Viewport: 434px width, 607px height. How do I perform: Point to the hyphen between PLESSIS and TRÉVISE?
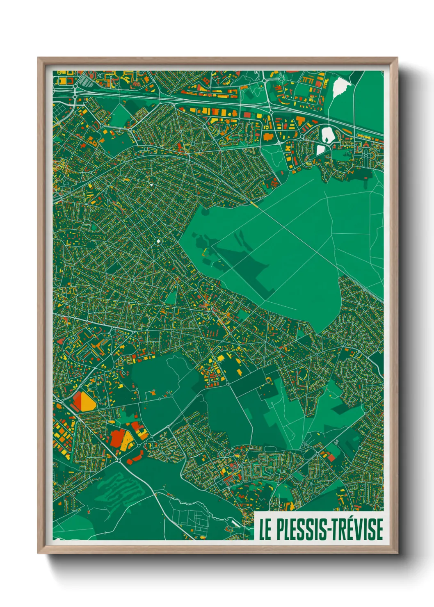click(x=329, y=530)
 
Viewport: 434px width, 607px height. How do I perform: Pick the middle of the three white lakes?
click(x=327, y=134)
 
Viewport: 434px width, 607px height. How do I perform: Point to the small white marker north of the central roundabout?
click(x=151, y=185)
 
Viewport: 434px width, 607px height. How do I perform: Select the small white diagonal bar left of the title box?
click(x=236, y=523)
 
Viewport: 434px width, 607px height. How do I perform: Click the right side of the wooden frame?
click(x=393, y=303)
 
